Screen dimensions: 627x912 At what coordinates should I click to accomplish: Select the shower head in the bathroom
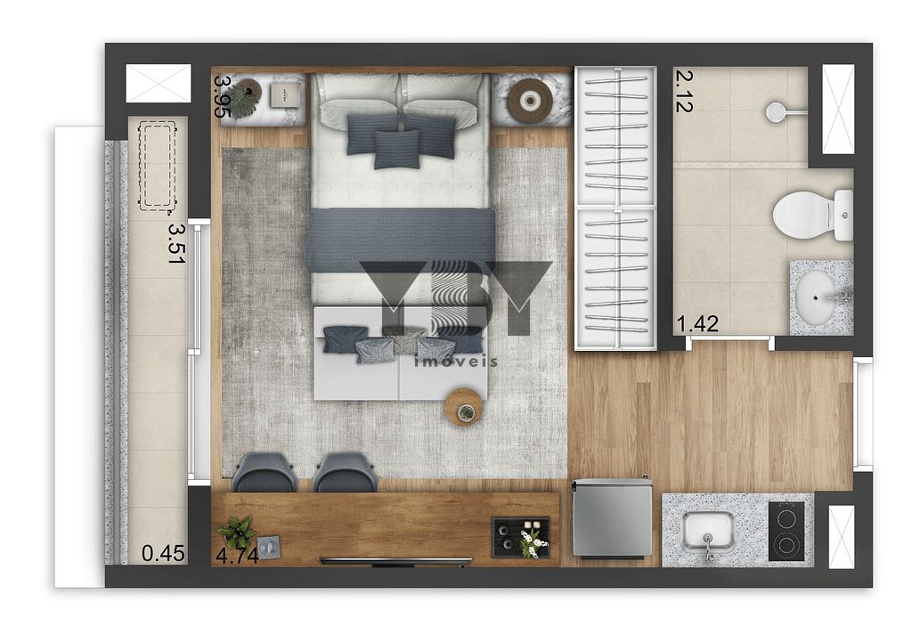(777, 111)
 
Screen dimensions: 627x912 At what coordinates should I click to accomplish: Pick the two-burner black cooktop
(786, 531)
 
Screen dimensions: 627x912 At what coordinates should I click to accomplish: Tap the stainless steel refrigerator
(612, 518)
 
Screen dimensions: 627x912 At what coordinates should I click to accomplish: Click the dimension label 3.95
(224, 97)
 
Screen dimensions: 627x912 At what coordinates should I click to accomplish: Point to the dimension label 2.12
(684, 91)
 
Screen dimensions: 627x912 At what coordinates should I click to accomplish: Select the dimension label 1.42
(697, 324)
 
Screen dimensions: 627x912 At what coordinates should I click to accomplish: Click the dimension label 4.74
(237, 556)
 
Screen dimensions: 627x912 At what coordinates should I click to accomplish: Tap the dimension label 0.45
(163, 554)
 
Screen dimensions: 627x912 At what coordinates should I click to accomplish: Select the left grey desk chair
(265, 472)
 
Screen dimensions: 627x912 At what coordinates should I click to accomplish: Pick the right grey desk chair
(346, 472)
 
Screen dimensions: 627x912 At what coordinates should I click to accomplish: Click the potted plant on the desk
(237, 532)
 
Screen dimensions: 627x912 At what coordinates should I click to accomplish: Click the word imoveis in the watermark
(455, 361)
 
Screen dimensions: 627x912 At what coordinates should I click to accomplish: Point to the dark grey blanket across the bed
(400, 240)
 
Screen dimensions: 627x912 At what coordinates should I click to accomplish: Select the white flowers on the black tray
(532, 541)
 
